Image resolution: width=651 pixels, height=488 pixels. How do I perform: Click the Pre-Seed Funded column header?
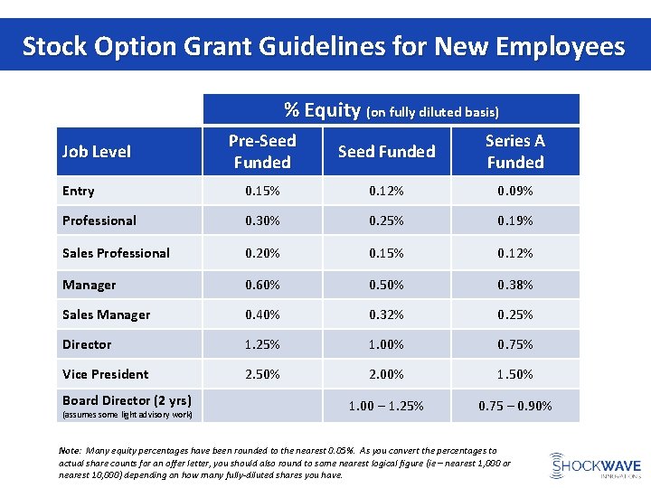coord(262,151)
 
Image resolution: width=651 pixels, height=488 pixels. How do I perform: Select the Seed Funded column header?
coord(386,152)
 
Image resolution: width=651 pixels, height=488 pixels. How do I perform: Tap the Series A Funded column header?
coord(514,151)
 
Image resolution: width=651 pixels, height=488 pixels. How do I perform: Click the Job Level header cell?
coord(97,152)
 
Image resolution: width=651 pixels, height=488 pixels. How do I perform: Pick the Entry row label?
coord(79,191)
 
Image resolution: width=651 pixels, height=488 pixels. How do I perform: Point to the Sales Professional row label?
coord(116,253)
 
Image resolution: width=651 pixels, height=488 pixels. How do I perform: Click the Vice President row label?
coord(105,374)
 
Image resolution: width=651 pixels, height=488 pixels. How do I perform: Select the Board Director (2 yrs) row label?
coord(126,400)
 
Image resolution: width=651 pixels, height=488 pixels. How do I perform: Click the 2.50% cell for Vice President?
coord(262,374)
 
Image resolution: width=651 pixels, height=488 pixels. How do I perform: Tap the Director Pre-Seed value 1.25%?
coord(262,344)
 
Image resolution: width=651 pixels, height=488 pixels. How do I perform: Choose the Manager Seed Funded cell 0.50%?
coord(386,285)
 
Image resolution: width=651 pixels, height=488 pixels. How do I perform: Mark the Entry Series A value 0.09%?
coord(514,191)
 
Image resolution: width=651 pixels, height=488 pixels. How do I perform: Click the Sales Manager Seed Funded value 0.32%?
coord(386,314)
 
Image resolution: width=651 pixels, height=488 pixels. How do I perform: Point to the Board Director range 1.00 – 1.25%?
coord(386,406)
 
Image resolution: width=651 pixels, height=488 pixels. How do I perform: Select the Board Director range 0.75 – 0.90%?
coord(514,406)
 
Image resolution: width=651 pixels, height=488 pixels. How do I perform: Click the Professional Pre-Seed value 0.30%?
coord(262,221)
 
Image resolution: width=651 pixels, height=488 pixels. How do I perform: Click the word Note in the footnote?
coord(70,450)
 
